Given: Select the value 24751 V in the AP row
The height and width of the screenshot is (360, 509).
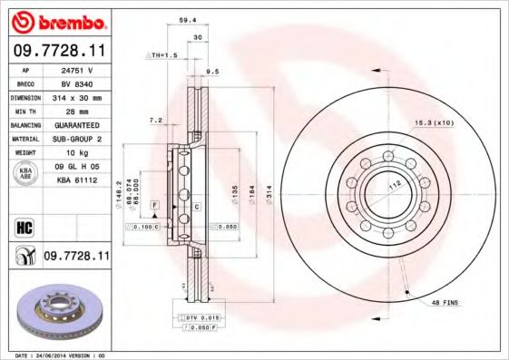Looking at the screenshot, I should pyautogui.click(x=77, y=69).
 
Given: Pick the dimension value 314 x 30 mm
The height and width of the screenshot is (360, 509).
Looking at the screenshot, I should pyautogui.click(x=77, y=97).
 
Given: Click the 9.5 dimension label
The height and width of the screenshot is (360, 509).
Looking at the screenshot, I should pyautogui.click(x=213, y=70).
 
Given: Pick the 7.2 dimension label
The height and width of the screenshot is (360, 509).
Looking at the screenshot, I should pyautogui.click(x=156, y=120).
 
